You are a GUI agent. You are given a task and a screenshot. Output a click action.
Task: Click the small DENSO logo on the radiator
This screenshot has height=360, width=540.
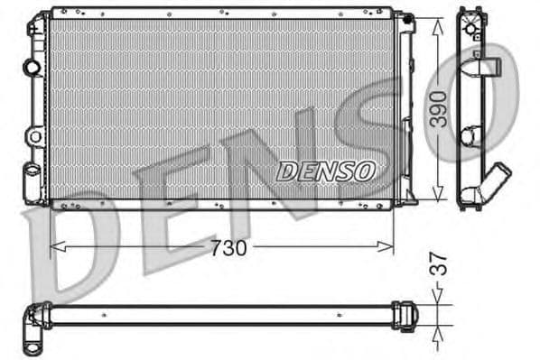tap(326, 171)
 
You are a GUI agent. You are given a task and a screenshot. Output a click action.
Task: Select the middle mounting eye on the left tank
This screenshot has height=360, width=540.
tap(34, 136)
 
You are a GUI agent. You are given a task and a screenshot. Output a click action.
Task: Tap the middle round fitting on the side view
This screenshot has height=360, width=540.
tap(470, 136)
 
